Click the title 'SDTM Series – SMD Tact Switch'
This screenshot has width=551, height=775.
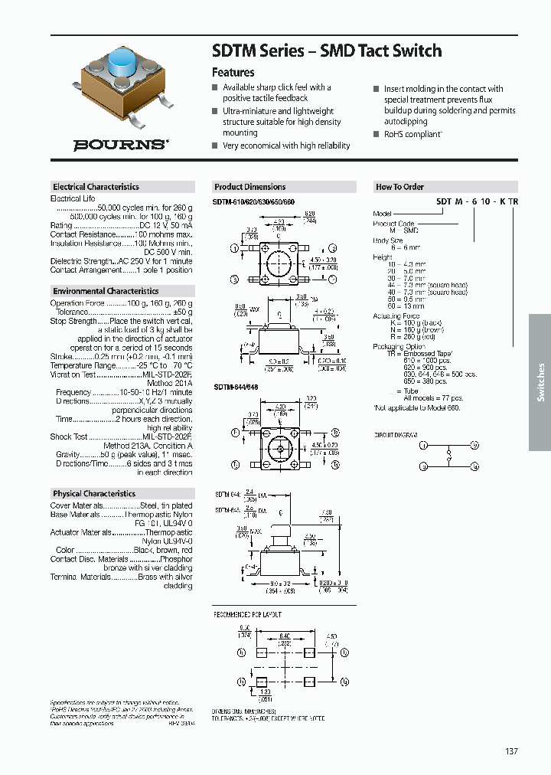pyautogui.click(x=326, y=51)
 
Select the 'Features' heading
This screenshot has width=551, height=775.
pyautogui.click(x=233, y=73)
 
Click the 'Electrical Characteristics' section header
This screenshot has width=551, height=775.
pyautogui.click(x=96, y=187)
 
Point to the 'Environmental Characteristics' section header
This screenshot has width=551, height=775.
pyautogui.click(x=106, y=291)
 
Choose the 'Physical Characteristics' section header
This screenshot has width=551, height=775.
pyautogui.click(x=94, y=494)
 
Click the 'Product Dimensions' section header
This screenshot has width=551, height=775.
pyautogui.click(x=249, y=187)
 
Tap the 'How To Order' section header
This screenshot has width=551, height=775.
pyautogui.click(x=399, y=187)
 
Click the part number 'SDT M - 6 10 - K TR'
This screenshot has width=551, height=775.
pyautogui.click(x=477, y=201)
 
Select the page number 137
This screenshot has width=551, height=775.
pyautogui.click(x=511, y=751)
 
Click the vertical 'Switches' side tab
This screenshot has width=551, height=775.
pyautogui.click(x=540, y=382)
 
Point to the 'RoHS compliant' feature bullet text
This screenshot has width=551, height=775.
pyautogui.click(x=412, y=134)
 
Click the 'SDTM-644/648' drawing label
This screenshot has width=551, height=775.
pyautogui.click(x=235, y=388)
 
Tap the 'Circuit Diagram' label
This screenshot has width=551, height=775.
pyautogui.click(x=396, y=434)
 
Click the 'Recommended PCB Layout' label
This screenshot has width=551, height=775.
pyautogui.click(x=246, y=614)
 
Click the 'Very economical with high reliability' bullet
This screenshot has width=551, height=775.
pyautogui.click(x=286, y=146)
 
